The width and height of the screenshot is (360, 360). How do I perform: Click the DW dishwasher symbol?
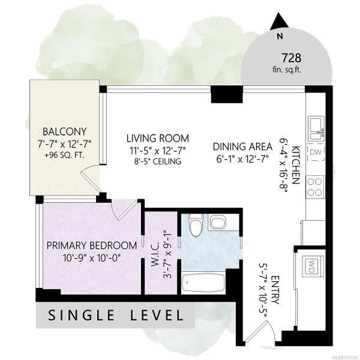tap(316, 152)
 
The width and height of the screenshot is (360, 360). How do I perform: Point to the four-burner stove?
tap(315, 187)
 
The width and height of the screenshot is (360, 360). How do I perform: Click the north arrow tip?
tap(279, 13)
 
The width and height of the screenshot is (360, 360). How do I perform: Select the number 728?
tap(291, 58)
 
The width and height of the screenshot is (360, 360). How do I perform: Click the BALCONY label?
tap(65, 131)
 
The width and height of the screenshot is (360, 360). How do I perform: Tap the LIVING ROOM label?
tap(158, 139)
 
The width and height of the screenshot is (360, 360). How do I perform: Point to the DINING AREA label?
tap(242, 147)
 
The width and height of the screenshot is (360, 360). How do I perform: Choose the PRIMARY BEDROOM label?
tap(92, 245)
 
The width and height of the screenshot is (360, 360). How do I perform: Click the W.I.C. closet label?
tap(155, 254)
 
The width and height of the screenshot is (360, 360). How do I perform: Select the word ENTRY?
tap(275, 290)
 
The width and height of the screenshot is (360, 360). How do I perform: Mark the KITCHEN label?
tap(295, 165)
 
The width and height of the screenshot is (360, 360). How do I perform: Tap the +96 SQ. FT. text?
tap(65, 155)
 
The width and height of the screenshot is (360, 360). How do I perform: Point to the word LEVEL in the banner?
tap(157, 315)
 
